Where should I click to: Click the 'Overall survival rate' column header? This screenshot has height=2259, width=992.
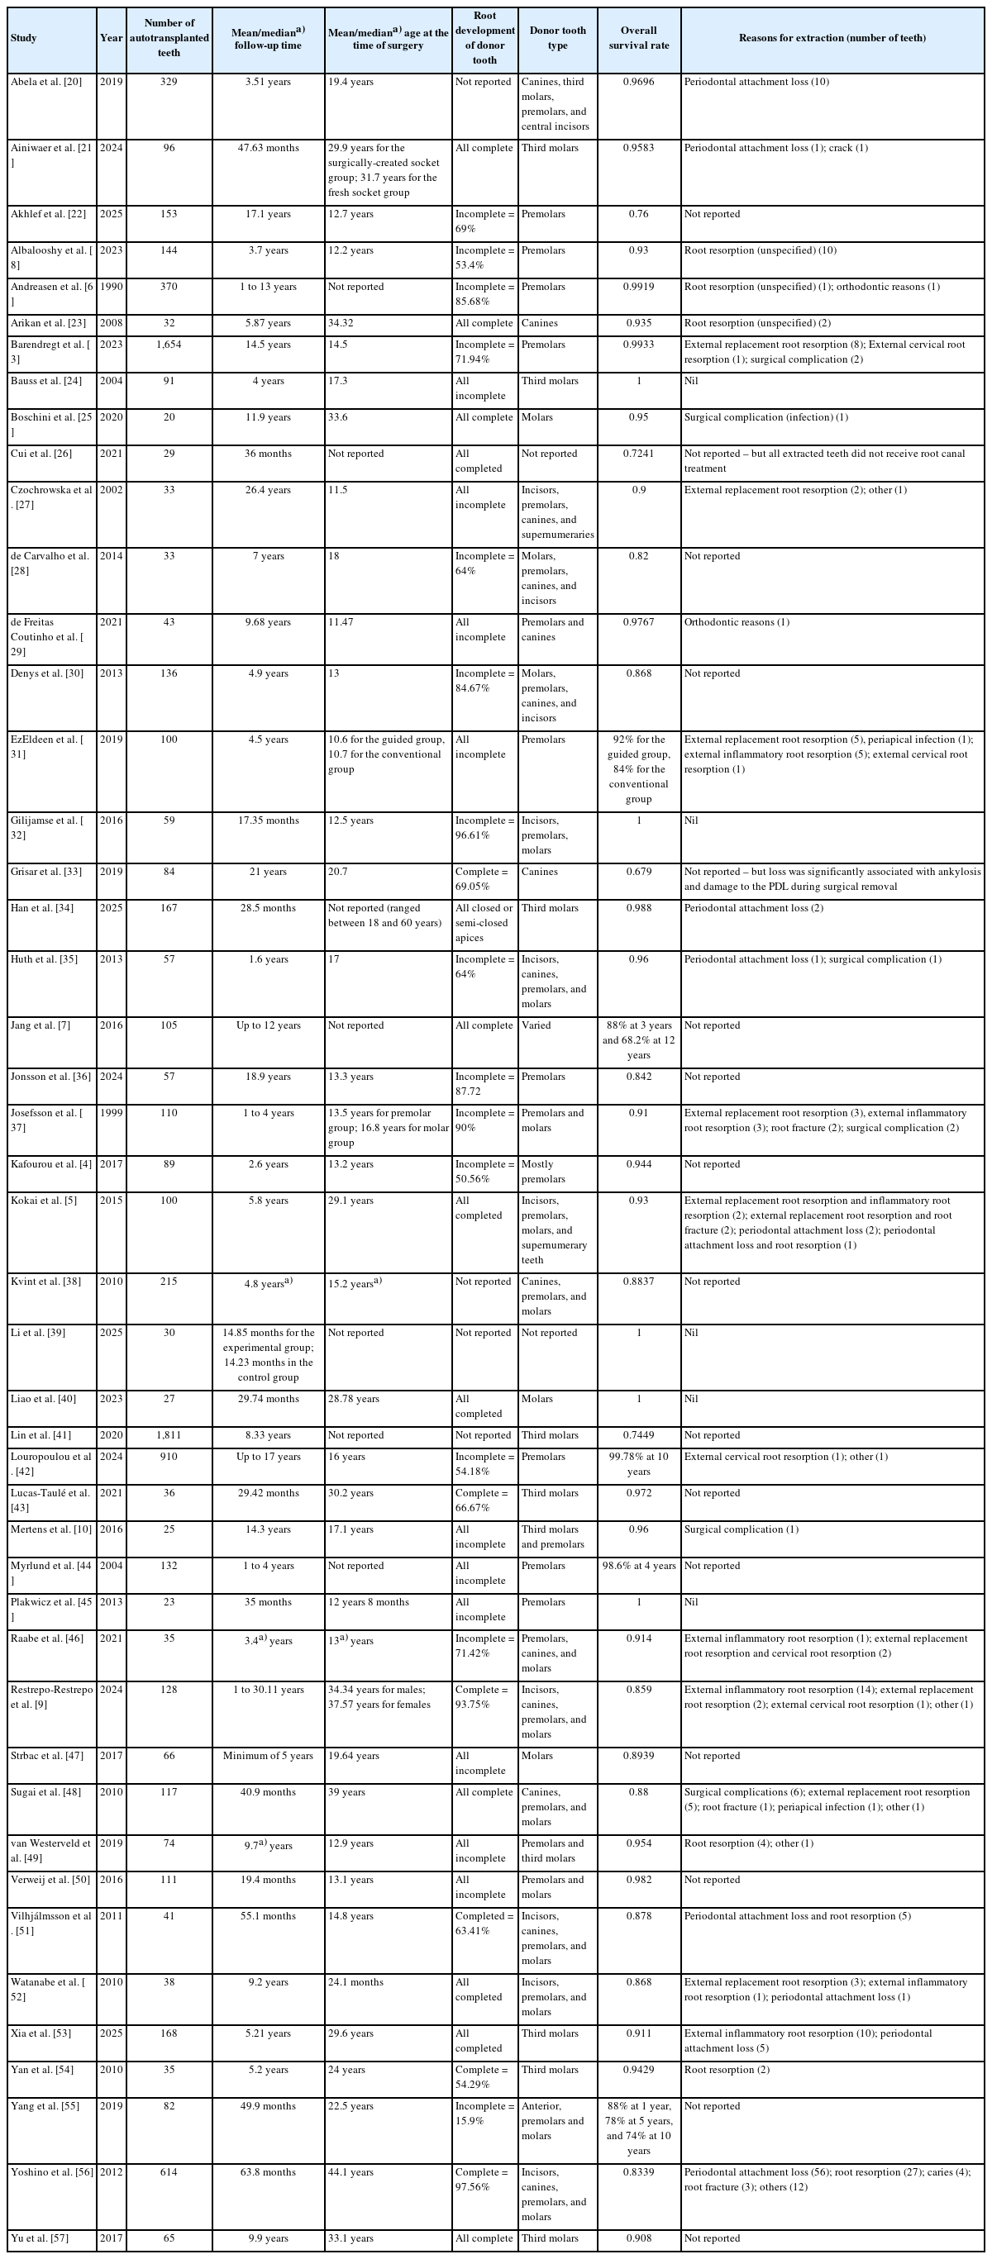[638, 39]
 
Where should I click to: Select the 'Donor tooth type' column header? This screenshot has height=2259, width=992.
[557, 39]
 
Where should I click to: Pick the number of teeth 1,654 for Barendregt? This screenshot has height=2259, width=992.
[169, 345]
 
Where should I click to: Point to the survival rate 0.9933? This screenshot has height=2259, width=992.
[638, 345]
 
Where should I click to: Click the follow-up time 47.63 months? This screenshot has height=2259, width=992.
[268, 148]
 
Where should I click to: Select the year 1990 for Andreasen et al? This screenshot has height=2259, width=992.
[112, 287]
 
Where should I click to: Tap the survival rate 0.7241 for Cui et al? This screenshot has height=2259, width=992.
[638, 454]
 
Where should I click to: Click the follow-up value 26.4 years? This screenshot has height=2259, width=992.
[268, 490]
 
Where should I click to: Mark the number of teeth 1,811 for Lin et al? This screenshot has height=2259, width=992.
[169, 1435]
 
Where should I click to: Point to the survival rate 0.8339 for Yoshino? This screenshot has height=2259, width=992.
[638, 2172]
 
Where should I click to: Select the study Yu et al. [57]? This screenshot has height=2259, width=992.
[41, 2238]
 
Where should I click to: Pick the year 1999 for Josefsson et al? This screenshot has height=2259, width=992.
[112, 1113]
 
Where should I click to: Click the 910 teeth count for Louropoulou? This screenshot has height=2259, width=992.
[169, 1457]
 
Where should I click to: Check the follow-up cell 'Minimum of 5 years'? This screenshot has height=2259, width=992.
[268, 1756]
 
